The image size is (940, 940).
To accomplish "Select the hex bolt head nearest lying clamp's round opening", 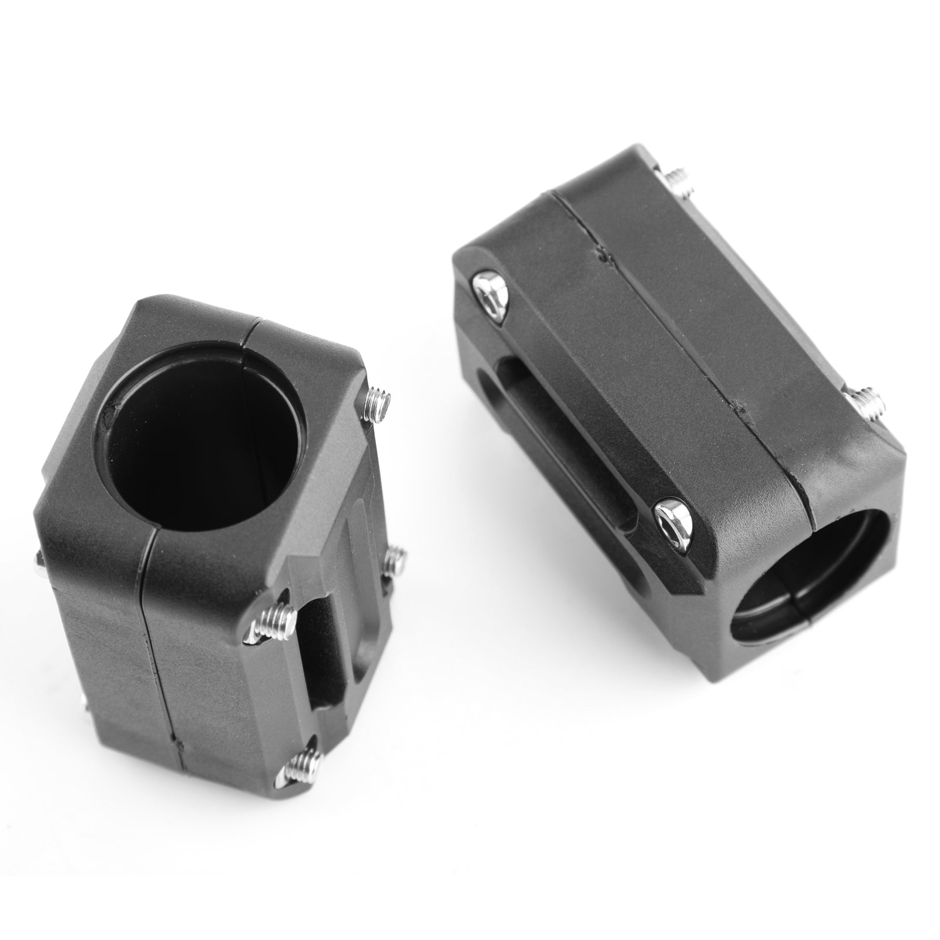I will coord(673,516).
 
